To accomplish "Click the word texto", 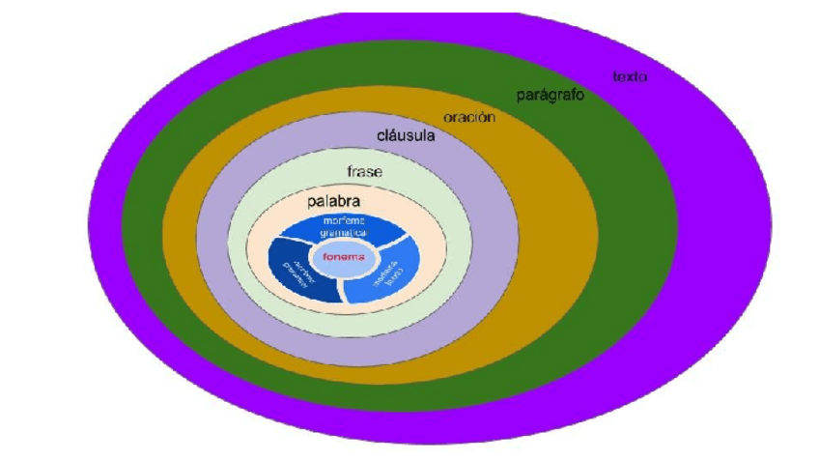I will click(630, 76).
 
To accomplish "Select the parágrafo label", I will click(549, 97).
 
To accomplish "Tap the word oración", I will click(469, 118).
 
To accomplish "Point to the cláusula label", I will click(406, 136).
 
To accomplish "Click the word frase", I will click(364, 172).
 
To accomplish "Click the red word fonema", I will click(344, 258).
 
